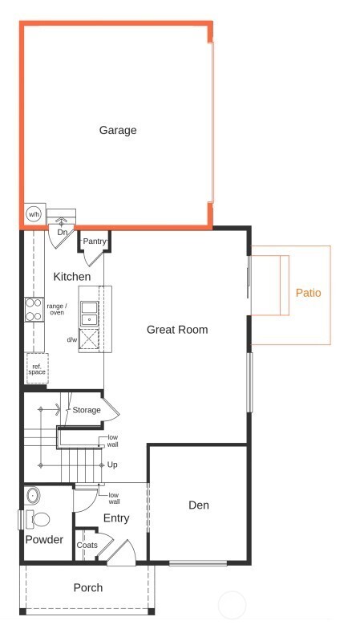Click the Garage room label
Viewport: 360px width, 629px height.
pos(118,130)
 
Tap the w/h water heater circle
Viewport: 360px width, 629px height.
pos(34,214)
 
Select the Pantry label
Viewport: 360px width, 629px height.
pos(94,241)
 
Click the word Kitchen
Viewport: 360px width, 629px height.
pos(72,277)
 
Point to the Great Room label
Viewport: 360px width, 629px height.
pos(177,330)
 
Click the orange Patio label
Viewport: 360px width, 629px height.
pos(308,293)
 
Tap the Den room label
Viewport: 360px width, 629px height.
pos(199,505)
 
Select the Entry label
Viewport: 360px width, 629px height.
pos(116,518)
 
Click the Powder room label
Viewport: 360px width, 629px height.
pos(44,540)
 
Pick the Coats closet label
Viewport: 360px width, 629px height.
pos(87,546)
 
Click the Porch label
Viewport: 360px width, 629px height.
pos(88,587)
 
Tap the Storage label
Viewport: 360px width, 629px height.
pos(87,410)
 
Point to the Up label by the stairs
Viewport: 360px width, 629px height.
pos(112,465)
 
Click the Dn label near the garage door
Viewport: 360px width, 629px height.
pos(61,233)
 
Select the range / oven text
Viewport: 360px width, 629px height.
pos(57,309)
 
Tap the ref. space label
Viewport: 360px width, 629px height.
pos(37,370)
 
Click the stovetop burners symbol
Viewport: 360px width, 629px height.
pos(34,310)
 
